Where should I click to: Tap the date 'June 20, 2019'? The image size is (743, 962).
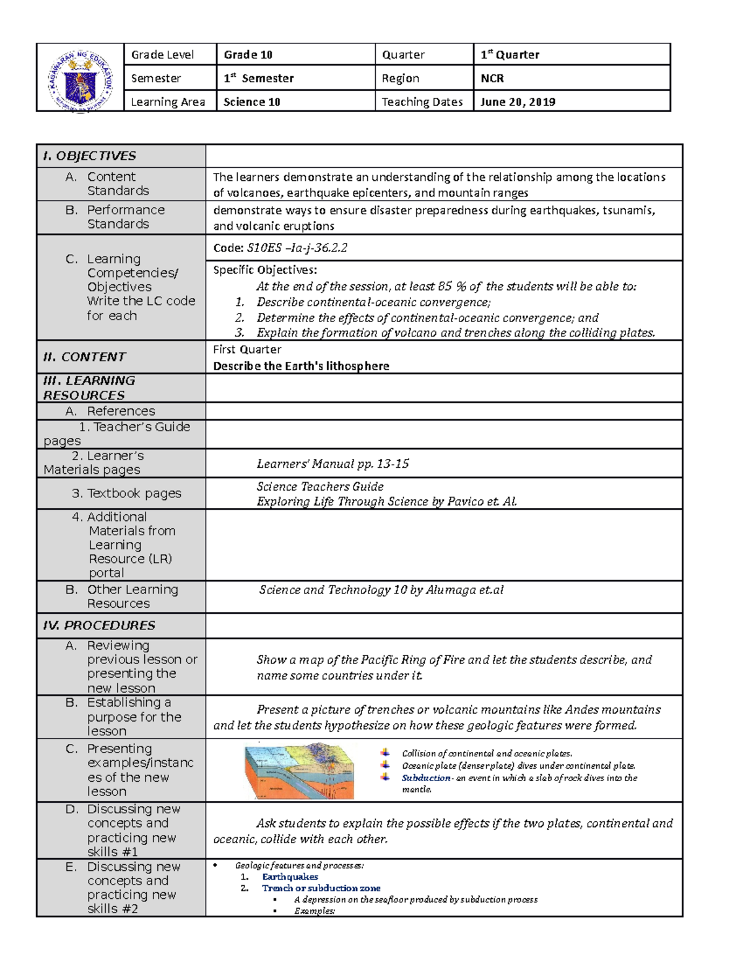click(x=518, y=102)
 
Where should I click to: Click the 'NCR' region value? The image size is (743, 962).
click(x=492, y=79)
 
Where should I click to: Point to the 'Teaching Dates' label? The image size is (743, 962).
click(x=422, y=102)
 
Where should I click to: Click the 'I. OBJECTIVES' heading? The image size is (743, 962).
click(x=89, y=156)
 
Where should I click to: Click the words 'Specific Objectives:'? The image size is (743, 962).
click(x=265, y=270)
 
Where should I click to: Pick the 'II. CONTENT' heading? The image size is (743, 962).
click(x=84, y=357)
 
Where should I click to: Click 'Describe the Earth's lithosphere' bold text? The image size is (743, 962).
click(x=301, y=366)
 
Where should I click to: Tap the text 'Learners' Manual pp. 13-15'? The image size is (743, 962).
click(x=332, y=464)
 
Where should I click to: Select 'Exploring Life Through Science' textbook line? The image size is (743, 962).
click(x=386, y=502)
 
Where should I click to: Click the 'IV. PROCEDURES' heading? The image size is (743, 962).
click(x=99, y=626)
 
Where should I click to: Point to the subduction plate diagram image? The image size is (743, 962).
click(x=299, y=771)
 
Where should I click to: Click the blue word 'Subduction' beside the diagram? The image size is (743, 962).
click(x=426, y=778)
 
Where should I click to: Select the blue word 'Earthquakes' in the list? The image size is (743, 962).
click(x=290, y=877)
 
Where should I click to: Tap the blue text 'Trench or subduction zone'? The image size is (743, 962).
click(x=321, y=888)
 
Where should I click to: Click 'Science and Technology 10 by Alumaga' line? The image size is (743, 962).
click(x=381, y=590)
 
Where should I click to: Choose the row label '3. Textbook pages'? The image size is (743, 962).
click(x=126, y=494)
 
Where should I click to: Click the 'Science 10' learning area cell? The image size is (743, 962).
click(x=252, y=102)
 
